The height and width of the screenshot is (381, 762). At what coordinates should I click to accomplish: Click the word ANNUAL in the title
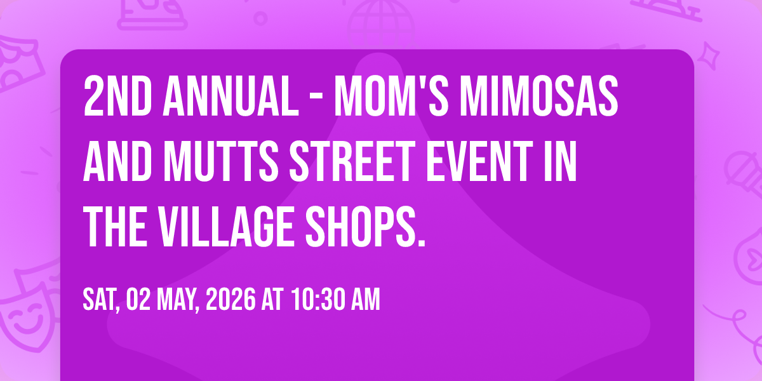231,96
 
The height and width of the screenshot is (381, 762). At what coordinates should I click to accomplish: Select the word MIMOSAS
539,96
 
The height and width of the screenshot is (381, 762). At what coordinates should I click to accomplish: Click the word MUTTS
221,161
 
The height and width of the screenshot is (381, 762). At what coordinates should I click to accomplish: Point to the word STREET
352,161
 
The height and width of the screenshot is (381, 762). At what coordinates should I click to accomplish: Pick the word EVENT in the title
479,161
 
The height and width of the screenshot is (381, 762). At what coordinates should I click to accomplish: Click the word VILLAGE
227,227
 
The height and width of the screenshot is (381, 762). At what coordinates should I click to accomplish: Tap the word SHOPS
365,227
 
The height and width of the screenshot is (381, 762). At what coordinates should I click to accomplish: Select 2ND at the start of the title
117,96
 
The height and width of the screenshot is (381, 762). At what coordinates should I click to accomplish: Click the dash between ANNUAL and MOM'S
316,98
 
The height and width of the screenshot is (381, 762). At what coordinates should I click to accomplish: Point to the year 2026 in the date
231,299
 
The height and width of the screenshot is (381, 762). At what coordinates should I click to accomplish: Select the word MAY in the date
178,300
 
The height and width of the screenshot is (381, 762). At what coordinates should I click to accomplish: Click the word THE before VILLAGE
116,227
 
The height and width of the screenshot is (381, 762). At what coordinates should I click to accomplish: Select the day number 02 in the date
138,299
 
